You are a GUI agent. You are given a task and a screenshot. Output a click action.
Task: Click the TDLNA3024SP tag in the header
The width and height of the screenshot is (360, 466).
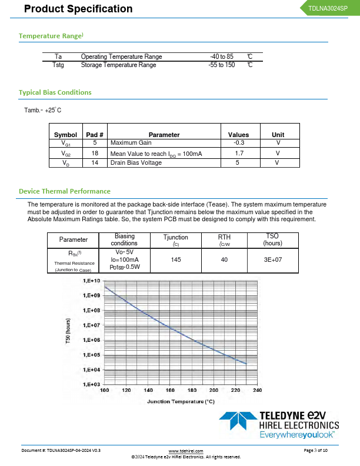point(328,8)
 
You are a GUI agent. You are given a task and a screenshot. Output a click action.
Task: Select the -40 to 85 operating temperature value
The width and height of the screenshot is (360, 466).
point(222,56)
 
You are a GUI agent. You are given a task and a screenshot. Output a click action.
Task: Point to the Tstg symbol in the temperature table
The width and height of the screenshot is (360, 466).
point(58,65)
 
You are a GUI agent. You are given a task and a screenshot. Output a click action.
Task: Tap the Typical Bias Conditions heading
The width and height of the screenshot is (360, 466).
point(55,92)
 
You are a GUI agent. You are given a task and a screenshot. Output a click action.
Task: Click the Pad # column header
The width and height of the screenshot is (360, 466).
point(95,135)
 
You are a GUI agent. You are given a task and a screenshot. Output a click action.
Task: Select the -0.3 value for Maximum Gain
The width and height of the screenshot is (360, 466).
point(239,143)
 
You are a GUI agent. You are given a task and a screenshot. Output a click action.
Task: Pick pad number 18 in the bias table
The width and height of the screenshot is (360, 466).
point(95,153)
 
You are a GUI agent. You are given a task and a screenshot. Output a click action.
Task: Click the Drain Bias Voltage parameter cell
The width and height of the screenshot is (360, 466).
point(136,163)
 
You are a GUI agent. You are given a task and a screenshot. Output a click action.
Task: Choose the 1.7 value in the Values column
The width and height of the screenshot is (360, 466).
point(239,153)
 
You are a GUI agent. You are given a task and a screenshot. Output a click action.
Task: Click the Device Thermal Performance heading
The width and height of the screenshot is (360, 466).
point(65,191)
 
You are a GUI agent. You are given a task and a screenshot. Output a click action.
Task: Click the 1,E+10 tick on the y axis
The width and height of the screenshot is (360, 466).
point(91,281)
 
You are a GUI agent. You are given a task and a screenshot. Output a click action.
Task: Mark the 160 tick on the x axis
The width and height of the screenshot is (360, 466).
point(170,390)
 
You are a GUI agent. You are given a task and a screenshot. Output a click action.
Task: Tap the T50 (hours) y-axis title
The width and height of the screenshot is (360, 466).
point(68,333)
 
